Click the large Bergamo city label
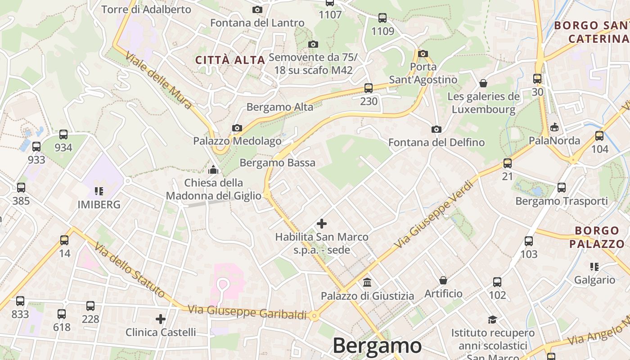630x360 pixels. click(377, 346)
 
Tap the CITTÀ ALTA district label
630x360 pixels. click(230, 60)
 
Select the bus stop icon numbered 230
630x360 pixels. click(369, 88)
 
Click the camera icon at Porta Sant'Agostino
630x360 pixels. click(423, 54)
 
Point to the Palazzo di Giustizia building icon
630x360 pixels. click(367, 283)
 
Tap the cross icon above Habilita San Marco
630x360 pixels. click(322, 223)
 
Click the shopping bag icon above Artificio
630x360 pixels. click(443, 280)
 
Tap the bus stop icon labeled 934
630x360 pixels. click(63, 134)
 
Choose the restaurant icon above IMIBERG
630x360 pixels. click(99, 191)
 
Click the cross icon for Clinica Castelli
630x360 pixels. click(161, 319)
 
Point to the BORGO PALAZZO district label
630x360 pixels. click(597, 237)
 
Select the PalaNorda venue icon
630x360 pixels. click(554, 127)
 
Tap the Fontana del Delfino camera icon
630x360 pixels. click(436, 130)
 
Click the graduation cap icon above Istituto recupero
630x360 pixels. click(493, 319)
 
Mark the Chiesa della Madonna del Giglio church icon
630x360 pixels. click(213, 170)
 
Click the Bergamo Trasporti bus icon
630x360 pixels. click(561, 188)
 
